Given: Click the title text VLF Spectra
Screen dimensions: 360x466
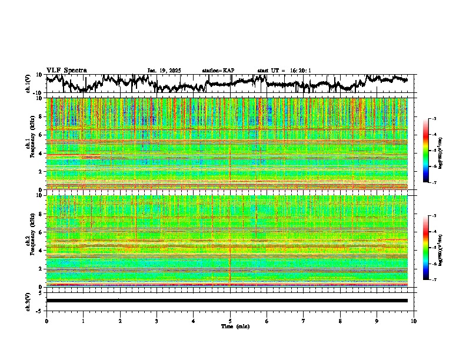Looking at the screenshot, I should (x=66, y=70).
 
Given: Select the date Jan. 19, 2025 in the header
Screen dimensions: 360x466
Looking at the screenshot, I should (x=164, y=71).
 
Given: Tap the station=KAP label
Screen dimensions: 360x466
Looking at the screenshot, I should (x=218, y=71).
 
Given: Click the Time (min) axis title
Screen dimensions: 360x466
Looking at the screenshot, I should (x=235, y=326).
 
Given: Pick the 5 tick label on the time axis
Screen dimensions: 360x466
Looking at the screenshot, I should (x=230, y=321).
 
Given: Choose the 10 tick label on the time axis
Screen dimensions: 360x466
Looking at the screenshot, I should (x=414, y=321).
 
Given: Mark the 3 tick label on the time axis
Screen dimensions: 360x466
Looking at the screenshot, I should (x=157, y=321).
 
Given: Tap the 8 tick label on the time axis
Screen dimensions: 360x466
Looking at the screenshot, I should (x=340, y=321).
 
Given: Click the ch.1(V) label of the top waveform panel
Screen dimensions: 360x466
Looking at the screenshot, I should (x=28, y=84).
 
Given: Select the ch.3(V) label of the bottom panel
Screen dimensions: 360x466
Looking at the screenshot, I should (x=28, y=301).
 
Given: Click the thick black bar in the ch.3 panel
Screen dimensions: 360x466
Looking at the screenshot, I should (x=227, y=301).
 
